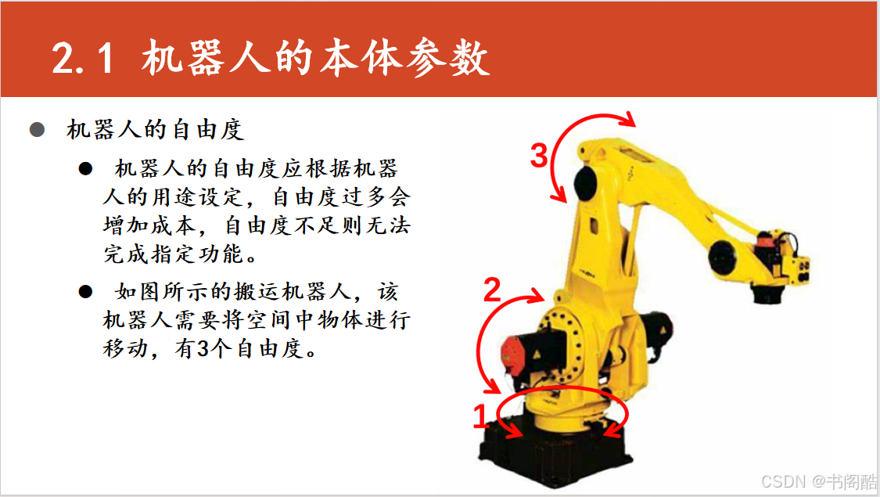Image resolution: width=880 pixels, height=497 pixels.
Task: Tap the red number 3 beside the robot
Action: click(539, 156)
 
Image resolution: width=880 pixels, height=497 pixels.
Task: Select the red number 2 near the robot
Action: click(492, 290)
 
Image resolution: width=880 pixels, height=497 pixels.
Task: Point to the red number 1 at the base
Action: click(480, 416)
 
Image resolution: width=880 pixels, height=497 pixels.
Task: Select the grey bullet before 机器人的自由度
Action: click(37, 130)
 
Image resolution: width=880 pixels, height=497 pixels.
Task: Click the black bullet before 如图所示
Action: click(85, 291)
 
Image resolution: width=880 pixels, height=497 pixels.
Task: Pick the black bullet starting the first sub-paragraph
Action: click(85, 168)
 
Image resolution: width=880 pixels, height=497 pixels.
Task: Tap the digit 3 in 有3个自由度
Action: click(203, 349)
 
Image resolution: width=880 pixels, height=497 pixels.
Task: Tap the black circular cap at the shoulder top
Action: click(586, 183)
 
